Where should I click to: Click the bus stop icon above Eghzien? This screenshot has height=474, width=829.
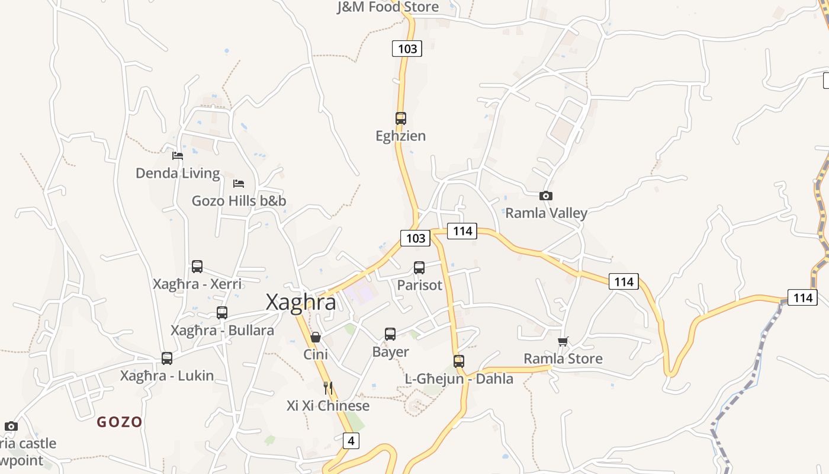(x=401, y=118)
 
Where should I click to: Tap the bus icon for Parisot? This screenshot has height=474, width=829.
(x=419, y=267)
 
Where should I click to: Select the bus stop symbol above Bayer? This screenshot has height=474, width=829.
(x=390, y=334)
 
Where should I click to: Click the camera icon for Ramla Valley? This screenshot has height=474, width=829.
(x=546, y=196)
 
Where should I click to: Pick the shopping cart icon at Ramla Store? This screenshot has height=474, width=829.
(x=563, y=341)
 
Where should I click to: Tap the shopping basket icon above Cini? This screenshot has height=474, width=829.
(x=316, y=337)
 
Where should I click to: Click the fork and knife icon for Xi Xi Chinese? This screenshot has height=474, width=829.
(x=328, y=388)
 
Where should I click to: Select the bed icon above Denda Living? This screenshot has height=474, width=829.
(x=178, y=156)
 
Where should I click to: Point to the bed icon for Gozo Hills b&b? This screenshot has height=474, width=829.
(x=239, y=184)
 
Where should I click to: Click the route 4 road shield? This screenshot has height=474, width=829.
(x=351, y=441)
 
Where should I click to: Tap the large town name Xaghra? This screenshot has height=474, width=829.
(x=301, y=302)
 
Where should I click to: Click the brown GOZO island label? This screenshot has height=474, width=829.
(x=120, y=422)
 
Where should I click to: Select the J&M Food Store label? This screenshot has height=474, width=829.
(x=388, y=7)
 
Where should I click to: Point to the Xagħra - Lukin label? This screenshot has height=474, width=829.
(x=167, y=376)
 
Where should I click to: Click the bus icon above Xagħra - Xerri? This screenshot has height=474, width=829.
(x=197, y=267)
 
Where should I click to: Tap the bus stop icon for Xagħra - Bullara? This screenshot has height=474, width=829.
(x=222, y=312)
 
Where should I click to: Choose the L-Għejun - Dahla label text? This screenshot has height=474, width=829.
(x=459, y=379)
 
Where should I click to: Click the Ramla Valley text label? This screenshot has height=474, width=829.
(x=546, y=213)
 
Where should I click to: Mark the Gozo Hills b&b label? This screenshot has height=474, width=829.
(x=239, y=201)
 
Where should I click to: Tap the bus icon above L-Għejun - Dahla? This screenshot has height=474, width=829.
(x=459, y=361)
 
